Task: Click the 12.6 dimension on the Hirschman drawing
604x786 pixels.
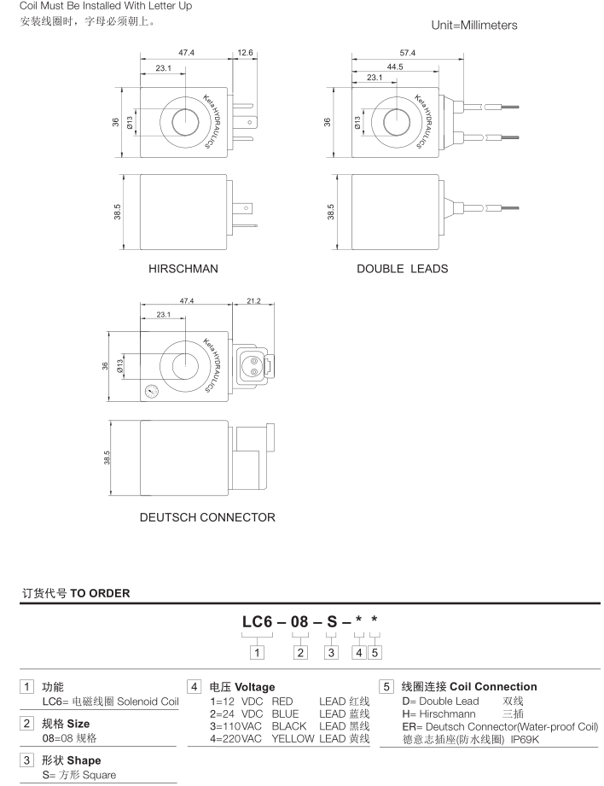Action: (x=246, y=53)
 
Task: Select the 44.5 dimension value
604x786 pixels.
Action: (x=394, y=66)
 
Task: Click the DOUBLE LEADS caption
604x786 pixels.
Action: (x=402, y=269)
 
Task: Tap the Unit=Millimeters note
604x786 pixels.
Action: (x=474, y=26)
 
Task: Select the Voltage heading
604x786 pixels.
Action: (x=233, y=687)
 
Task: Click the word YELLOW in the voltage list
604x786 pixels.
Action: (x=293, y=739)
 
